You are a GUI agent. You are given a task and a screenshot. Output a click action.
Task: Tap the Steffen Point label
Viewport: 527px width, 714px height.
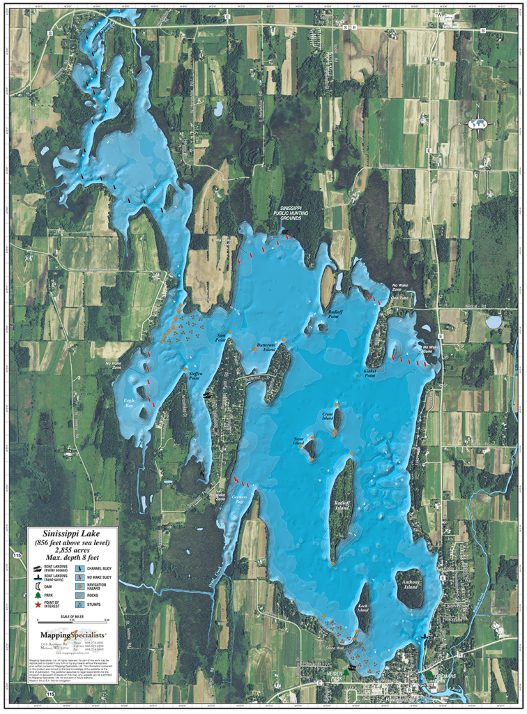coord(194,376)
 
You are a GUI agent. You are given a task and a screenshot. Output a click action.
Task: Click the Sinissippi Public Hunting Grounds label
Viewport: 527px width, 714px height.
coord(289,213)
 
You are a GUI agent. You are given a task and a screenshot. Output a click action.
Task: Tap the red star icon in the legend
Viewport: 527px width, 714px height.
coord(37,604)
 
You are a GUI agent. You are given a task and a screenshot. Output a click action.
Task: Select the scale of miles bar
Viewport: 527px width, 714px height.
coord(68,621)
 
